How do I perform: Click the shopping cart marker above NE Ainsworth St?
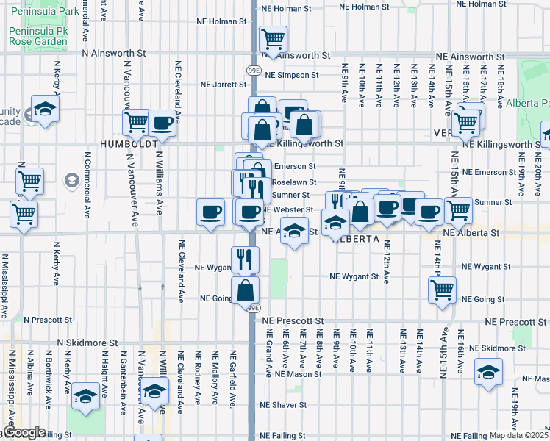(273, 39)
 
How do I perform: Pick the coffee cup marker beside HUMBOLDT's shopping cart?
(162, 123)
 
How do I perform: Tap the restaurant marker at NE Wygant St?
(245, 259)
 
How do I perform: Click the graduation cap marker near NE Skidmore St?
(488, 372)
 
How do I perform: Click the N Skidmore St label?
(88, 343)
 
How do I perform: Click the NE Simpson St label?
(291, 75)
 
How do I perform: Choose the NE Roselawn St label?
(293, 182)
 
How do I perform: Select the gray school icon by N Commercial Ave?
(71, 180)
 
